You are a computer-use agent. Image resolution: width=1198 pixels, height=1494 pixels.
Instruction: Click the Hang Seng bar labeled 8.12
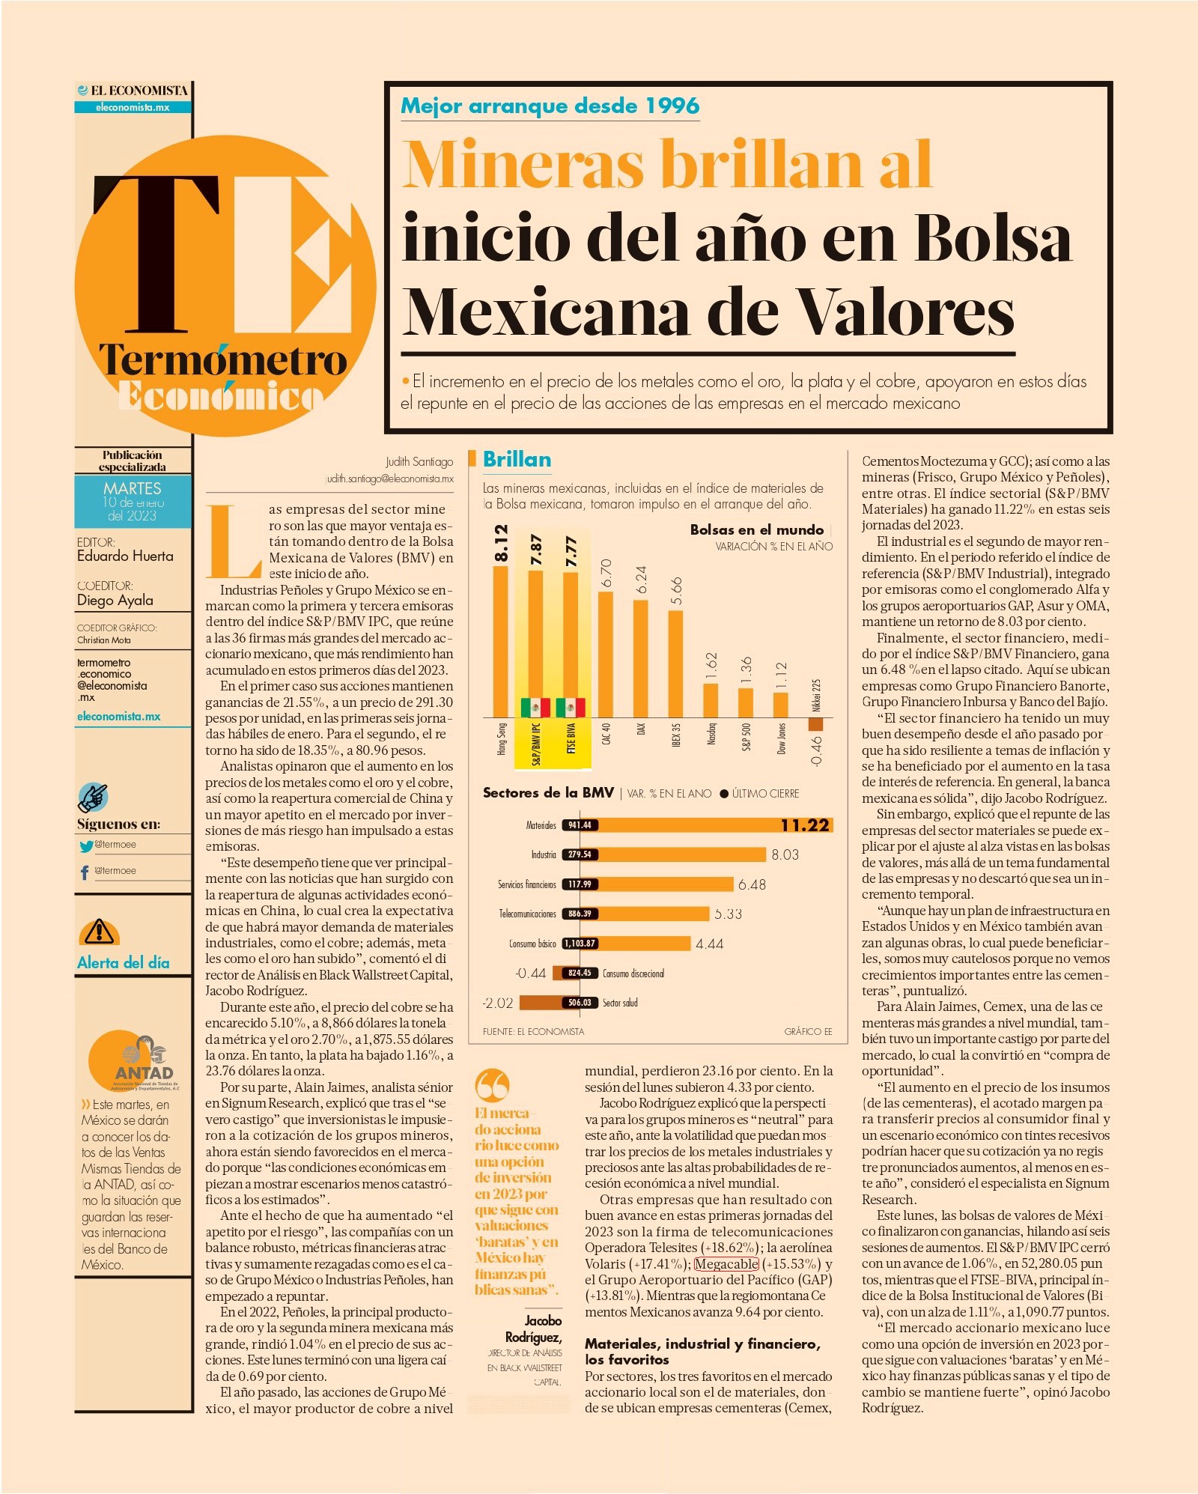click(x=500, y=642)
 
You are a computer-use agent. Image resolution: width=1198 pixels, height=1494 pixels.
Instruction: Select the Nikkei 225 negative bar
click(x=815, y=724)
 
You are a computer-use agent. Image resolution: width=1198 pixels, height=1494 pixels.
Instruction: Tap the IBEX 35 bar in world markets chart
click(x=675, y=664)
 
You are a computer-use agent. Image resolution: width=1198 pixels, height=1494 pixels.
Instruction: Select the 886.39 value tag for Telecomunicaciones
click(x=580, y=914)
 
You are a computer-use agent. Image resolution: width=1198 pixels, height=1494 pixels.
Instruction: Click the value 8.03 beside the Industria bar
click(x=785, y=854)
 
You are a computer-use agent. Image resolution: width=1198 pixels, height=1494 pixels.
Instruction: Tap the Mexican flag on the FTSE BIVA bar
click(x=571, y=707)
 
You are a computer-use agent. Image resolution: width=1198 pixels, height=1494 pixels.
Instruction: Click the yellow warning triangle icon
click(x=99, y=932)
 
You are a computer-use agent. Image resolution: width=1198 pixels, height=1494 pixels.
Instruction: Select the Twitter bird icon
click(x=86, y=846)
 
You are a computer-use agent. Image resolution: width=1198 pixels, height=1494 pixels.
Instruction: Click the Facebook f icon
click(x=85, y=872)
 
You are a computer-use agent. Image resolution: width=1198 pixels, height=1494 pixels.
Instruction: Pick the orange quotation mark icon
click(x=492, y=1084)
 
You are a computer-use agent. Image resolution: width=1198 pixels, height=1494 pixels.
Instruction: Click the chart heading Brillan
click(x=517, y=459)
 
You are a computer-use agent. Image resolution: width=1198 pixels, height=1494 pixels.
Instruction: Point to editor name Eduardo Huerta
click(x=125, y=556)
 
